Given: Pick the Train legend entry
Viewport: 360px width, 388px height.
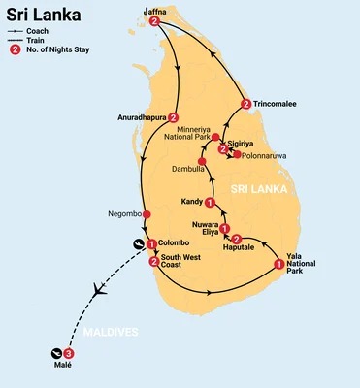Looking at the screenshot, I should (40, 41).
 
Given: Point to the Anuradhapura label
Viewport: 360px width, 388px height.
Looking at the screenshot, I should (140, 118).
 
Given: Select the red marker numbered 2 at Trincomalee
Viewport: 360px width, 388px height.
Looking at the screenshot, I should (245, 104).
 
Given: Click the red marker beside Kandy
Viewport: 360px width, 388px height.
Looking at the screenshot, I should (210, 202).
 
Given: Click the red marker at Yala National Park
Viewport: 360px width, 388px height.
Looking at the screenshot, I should (279, 263).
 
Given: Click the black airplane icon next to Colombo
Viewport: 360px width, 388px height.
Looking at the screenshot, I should (139, 244).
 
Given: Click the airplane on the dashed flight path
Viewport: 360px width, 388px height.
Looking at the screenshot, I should (98, 289).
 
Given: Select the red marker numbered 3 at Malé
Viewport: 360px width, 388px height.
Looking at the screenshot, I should (67, 353).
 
